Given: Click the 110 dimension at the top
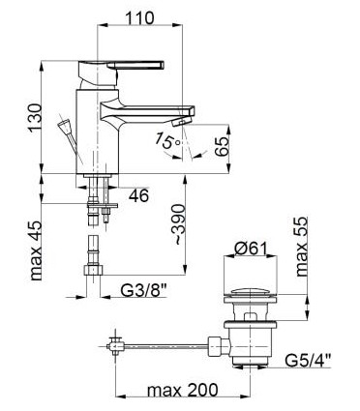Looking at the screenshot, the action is click(x=139, y=17).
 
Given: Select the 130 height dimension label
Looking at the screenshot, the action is click(x=35, y=118).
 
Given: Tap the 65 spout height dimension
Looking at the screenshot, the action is click(x=222, y=147).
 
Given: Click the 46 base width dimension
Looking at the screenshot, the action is click(x=138, y=195).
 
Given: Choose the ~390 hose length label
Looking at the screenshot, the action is click(x=178, y=225).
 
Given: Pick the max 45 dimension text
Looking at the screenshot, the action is click(x=36, y=250).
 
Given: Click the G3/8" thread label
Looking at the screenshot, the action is click(x=144, y=291).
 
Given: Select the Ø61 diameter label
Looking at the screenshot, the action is click(x=252, y=249).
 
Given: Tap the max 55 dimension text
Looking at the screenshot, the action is click(x=302, y=247).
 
